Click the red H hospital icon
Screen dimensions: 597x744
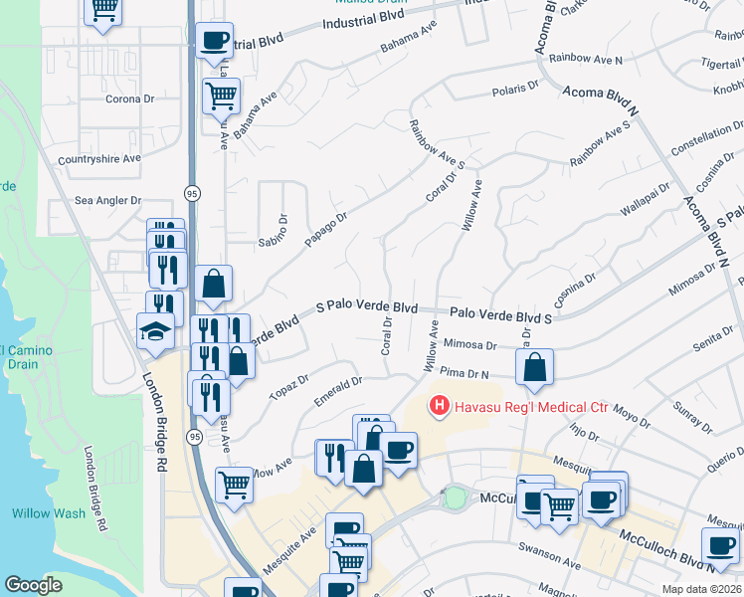click(437, 405)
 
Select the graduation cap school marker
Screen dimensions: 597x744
click(155, 330)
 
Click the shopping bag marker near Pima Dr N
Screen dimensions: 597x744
click(535, 367)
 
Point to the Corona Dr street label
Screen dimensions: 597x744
click(130, 99)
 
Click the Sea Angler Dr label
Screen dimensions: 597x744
click(108, 200)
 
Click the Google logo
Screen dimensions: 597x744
click(33, 585)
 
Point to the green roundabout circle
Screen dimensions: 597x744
click(455, 497)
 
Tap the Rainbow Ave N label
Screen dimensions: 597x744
click(592, 61)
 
